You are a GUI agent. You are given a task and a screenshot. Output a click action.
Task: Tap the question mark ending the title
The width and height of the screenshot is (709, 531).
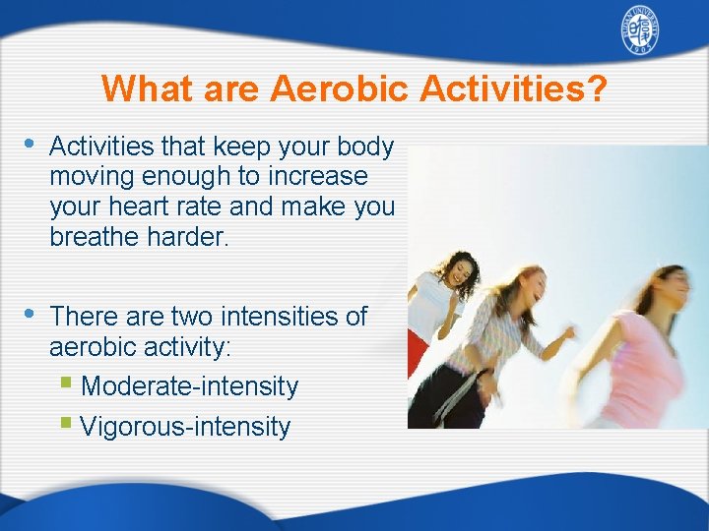pyautogui.click(x=597, y=88)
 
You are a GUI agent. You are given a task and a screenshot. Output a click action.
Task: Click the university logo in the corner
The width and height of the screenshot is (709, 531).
pyautogui.click(x=639, y=33)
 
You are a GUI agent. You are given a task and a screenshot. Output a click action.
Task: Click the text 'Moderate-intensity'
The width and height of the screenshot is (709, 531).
pyautogui.click(x=189, y=386)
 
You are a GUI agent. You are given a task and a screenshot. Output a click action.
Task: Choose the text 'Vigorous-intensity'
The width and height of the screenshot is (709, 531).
pyautogui.click(x=185, y=427)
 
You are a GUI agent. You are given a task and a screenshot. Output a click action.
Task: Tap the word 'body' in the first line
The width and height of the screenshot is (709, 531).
pyautogui.click(x=364, y=147)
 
